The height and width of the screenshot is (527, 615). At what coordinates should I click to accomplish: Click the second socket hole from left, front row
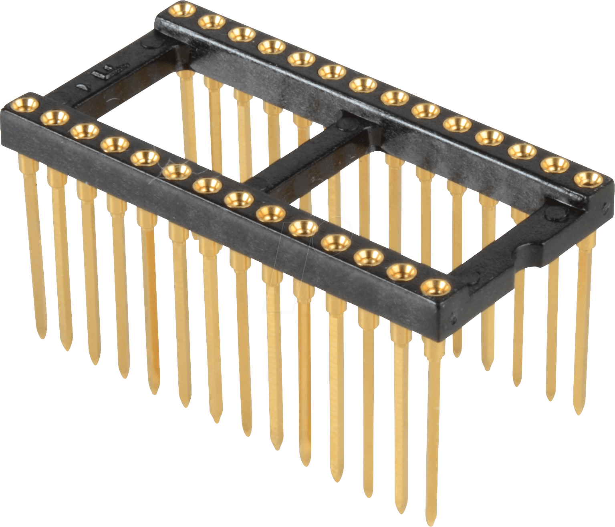[x=55, y=118]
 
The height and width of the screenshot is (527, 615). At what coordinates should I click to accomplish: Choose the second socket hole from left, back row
[x=211, y=22]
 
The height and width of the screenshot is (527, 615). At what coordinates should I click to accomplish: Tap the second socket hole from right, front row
[x=402, y=272]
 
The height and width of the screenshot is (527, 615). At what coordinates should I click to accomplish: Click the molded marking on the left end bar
[x=105, y=72]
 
